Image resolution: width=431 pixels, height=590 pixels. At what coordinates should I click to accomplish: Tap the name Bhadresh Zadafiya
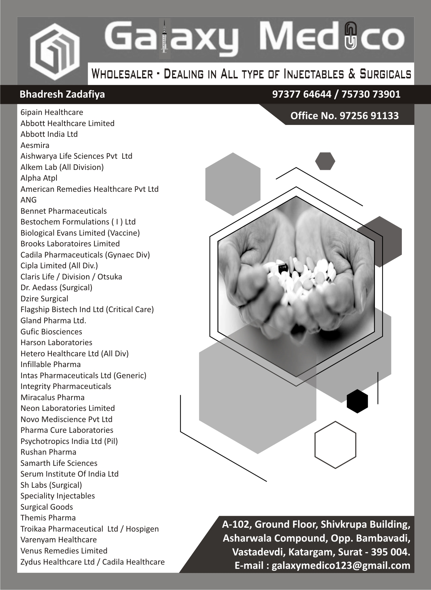(62, 95)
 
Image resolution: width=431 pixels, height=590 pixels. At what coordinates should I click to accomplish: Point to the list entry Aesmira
(35, 145)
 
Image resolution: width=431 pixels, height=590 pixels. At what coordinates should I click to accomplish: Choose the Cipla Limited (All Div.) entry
(59, 266)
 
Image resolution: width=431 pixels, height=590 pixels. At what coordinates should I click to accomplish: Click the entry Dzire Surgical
(44, 299)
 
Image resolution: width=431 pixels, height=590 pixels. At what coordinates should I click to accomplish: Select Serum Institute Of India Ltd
(70, 474)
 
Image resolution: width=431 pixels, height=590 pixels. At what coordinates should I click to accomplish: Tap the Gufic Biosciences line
(51, 332)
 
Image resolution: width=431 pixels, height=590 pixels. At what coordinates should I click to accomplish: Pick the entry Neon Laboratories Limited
(68, 408)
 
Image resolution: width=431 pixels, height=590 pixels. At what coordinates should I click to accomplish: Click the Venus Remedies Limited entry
(64, 551)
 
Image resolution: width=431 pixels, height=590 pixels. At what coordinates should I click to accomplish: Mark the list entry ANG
(29, 200)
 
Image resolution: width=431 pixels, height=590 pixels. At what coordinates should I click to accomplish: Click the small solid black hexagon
(357, 401)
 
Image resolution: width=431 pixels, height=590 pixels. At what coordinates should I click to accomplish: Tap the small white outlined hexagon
(335, 444)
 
